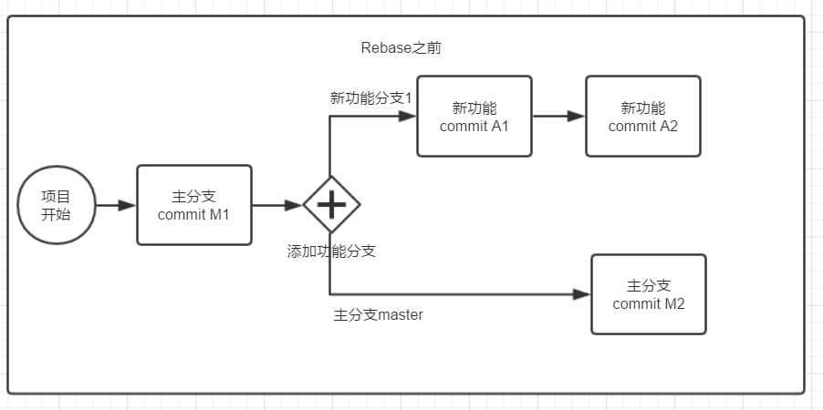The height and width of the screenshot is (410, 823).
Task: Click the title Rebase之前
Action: pyautogui.click(x=401, y=48)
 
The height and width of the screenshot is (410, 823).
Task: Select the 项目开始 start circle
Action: pyautogui.click(x=56, y=205)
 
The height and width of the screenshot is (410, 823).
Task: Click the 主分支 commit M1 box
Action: pyautogui.click(x=194, y=205)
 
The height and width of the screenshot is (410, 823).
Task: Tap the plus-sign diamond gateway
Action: pyautogui.click(x=330, y=205)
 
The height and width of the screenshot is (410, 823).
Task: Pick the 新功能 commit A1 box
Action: pyautogui.click(x=474, y=117)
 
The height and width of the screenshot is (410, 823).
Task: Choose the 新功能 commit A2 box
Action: pyautogui.click(x=643, y=117)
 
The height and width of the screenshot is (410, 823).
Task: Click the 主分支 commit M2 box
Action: pyautogui.click(x=649, y=294)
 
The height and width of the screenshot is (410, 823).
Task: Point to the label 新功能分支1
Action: pyautogui.click(x=371, y=97)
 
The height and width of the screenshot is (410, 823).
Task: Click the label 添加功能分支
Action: pyautogui.click(x=331, y=251)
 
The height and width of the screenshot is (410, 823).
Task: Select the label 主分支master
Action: pyautogui.click(x=379, y=315)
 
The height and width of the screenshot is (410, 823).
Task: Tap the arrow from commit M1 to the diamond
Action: pyautogui.click(x=276, y=205)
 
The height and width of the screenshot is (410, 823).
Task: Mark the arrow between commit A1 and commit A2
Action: pyautogui.click(x=557, y=117)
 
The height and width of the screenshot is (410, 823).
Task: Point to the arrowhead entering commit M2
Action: pyautogui.click(x=582, y=294)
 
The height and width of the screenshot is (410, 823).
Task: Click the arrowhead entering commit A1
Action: pyautogui.click(x=408, y=117)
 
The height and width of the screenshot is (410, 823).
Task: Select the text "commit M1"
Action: pyautogui.click(x=193, y=215)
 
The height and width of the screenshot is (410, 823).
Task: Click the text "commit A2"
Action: pyautogui.click(x=643, y=127)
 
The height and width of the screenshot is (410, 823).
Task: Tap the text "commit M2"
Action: pyautogui.click(x=649, y=304)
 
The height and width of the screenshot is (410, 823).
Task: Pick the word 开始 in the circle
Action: pyautogui.click(x=56, y=215)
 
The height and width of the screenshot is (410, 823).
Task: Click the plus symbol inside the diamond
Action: pyautogui.click(x=330, y=205)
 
